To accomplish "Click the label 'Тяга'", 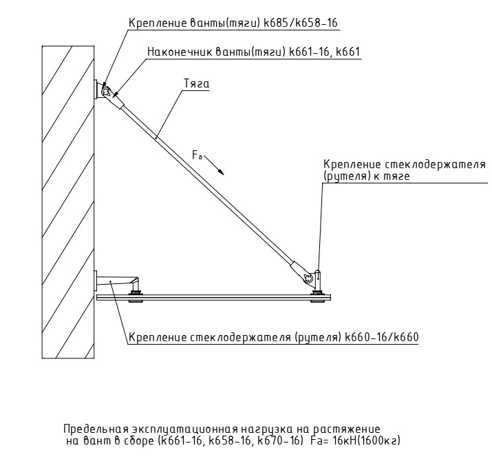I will coord(196,84).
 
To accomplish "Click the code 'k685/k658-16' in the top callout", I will coord(300,23).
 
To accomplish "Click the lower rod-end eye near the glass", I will coord(308,278).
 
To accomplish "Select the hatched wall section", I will coord(68,200).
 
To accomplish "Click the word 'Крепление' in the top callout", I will coord(158,23).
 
